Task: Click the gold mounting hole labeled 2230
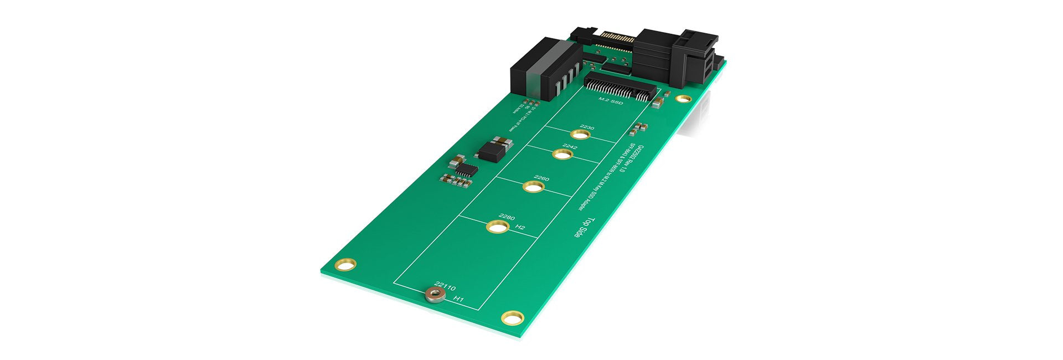tap(580, 135)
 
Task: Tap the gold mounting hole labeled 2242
tap(562, 154)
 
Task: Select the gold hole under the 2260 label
tap(533, 187)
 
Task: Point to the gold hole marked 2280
tap(497, 227)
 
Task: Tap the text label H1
tap(458, 300)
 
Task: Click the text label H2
tap(520, 228)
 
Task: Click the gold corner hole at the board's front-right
tap(512, 318)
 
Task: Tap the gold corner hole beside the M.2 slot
tap(684, 99)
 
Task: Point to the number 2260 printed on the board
tap(541, 178)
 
